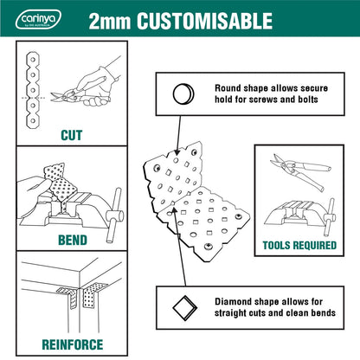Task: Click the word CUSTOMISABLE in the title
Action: [209, 20]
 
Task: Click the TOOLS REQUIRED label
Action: [299, 245]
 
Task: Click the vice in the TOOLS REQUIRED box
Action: [299, 214]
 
